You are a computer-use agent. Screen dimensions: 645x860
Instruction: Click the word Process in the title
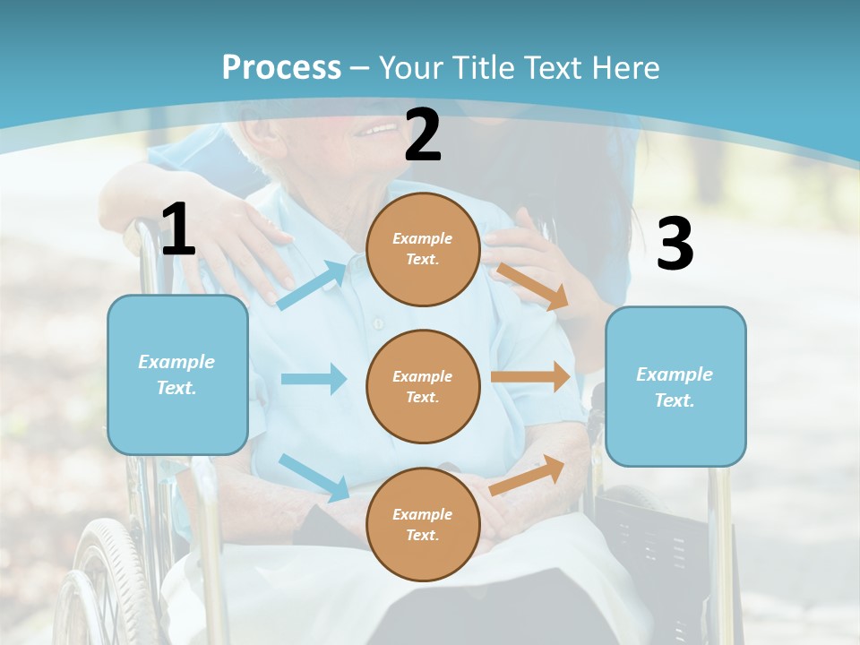[x=281, y=67]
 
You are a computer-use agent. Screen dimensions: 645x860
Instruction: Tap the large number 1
[x=178, y=229]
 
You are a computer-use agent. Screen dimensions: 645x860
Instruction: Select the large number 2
[x=423, y=135]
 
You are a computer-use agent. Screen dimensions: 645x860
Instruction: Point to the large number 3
[x=675, y=244]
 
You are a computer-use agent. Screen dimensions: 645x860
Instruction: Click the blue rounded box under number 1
[x=177, y=374]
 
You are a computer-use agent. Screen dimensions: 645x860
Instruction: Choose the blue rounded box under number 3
[x=675, y=386]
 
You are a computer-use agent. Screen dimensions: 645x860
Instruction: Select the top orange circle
[x=423, y=249]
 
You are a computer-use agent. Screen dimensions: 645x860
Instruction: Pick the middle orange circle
[x=423, y=386]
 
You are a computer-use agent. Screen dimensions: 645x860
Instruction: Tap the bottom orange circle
[x=423, y=524]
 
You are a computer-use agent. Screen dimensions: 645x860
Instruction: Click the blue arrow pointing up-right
[x=312, y=286]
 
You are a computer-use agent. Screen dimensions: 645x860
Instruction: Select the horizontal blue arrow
[x=314, y=379]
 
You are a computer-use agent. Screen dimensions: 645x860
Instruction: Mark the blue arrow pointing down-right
[x=314, y=477]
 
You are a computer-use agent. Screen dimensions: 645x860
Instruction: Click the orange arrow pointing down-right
[x=533, y=287]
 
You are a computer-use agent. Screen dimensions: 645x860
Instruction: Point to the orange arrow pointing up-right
[x=528, y=475]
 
